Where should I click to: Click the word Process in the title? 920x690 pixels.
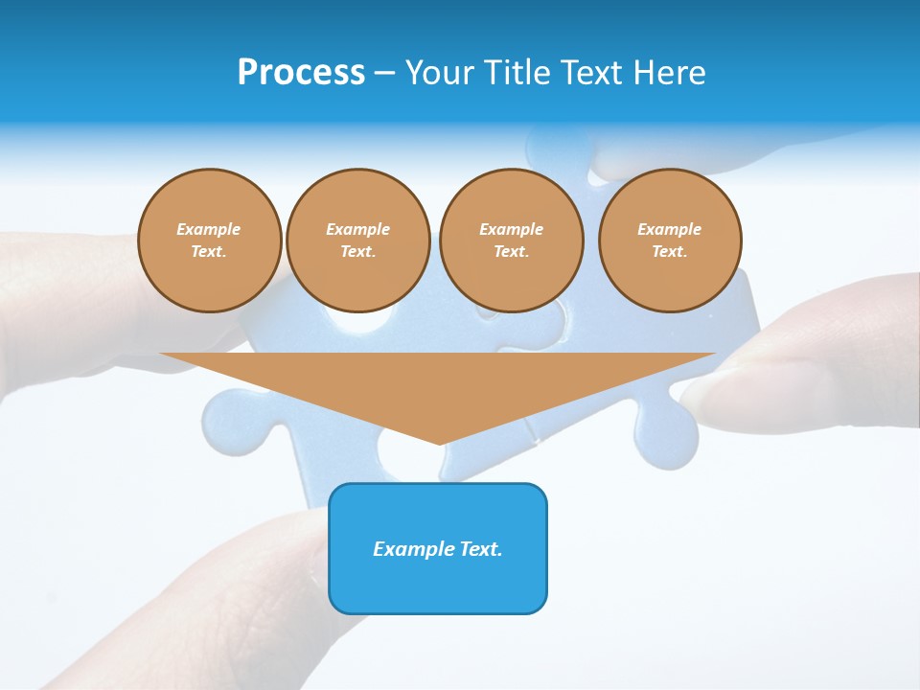(301, 73)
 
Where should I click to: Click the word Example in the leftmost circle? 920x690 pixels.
(209, 229)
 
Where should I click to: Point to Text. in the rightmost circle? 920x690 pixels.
(669, 251)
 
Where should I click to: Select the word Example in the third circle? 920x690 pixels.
(511, 229)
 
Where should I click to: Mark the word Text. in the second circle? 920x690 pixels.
(357, 251)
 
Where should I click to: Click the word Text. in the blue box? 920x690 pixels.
(481, 549)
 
